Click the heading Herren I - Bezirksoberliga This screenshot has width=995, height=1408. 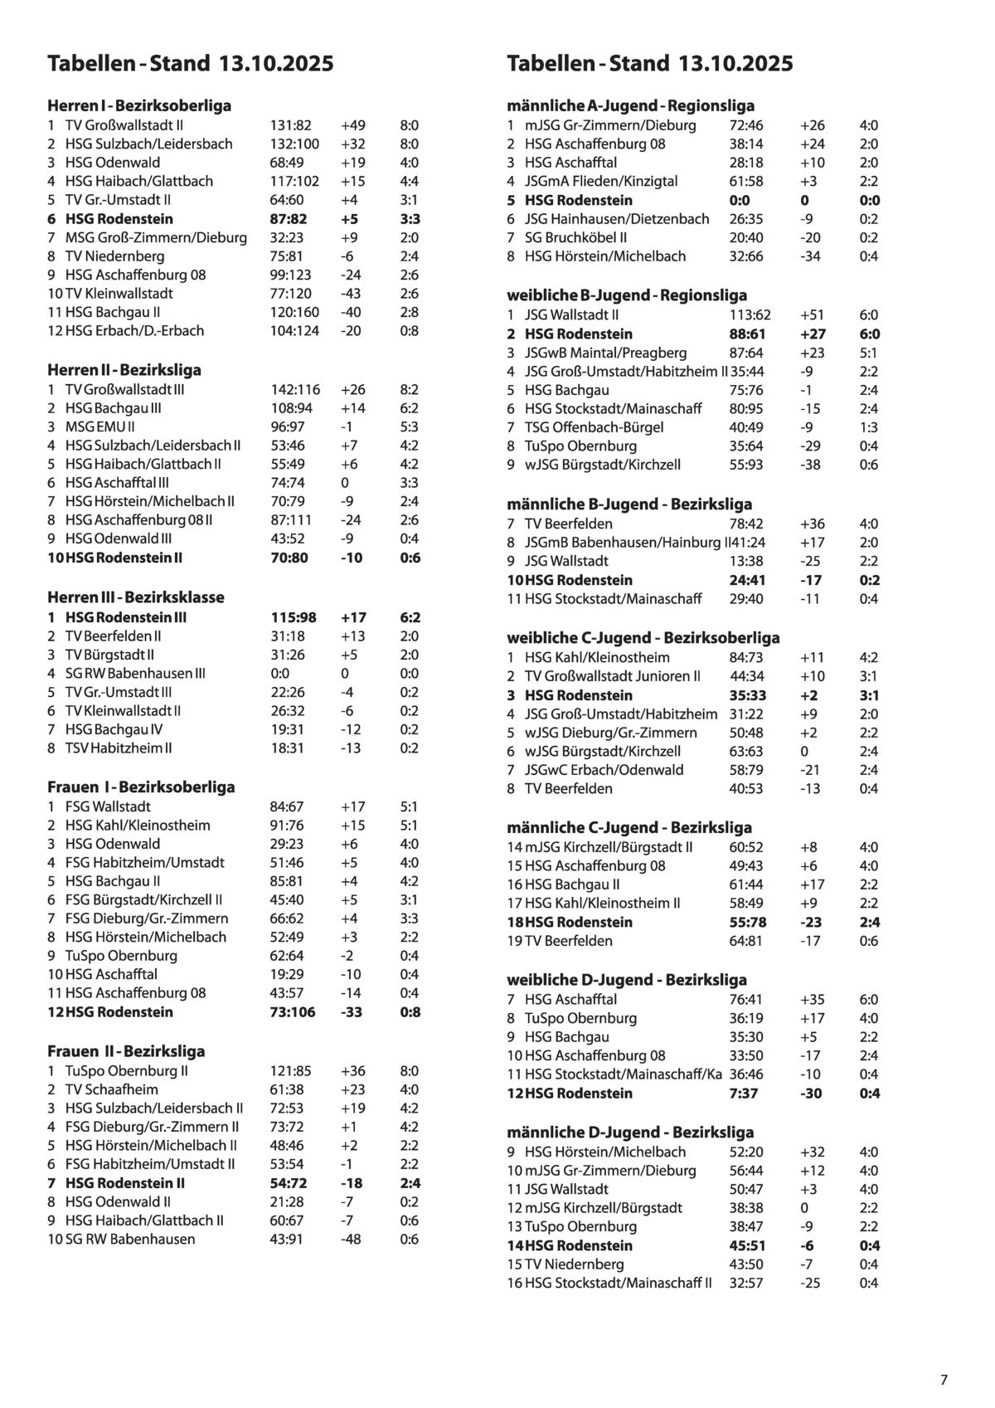[x=139, y=105]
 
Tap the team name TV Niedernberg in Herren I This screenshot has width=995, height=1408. [x=114, y=256]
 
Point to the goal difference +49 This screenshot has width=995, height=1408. [x=352, y=125]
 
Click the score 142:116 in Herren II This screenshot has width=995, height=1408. [x=295, y=389]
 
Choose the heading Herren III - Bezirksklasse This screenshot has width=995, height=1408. [x=136, y=597]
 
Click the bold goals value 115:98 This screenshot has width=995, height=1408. [x=294, y=617]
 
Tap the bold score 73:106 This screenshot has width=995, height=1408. [x=293, y=1011]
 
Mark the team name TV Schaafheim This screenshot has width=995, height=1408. [x=111, y=1089]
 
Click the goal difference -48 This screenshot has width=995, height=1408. [x=351, y=1239]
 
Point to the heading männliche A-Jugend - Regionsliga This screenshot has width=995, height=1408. [x=630, y=105]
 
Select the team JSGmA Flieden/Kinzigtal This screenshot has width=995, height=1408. [x=601, y=181]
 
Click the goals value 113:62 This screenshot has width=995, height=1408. [x=750, y=314]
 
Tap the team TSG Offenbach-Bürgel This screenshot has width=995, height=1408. [x=594, y=426]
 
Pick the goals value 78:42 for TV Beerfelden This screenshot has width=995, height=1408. [x=746, y=524]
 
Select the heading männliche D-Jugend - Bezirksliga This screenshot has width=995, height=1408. [x=630, y=1132]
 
